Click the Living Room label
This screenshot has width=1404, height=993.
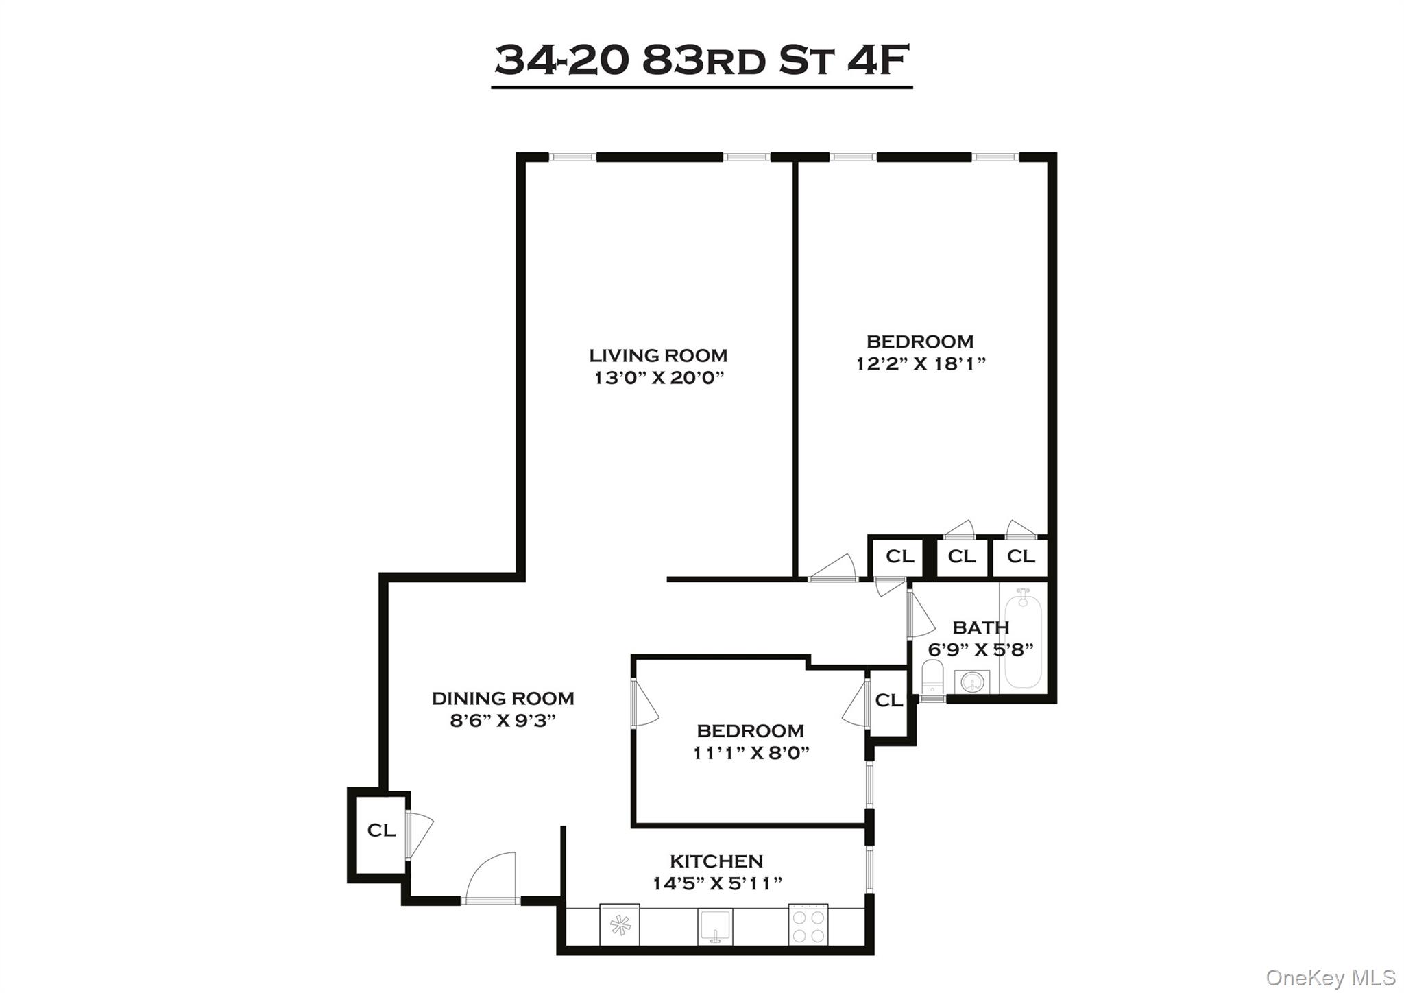(657, 355)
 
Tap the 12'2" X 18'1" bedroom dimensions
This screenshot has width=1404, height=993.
(920, 363)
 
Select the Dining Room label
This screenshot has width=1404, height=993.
(503, 698)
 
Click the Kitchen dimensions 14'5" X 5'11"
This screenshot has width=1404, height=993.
(716, 883)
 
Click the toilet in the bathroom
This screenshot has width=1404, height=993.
(933, 678)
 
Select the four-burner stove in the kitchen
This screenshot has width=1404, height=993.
(808, 924)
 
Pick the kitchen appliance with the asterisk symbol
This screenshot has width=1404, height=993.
(620, 924)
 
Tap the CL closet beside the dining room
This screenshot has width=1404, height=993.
(380, 830)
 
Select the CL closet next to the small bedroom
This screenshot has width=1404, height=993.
(888, 700)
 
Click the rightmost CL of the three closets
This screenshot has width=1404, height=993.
(1020, 556)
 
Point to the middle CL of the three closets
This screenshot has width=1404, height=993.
(961, 556)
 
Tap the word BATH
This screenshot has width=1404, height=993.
(980, 627)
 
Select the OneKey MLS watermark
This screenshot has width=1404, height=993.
(1330, 977)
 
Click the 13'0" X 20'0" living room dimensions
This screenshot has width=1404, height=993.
(659, 378)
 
